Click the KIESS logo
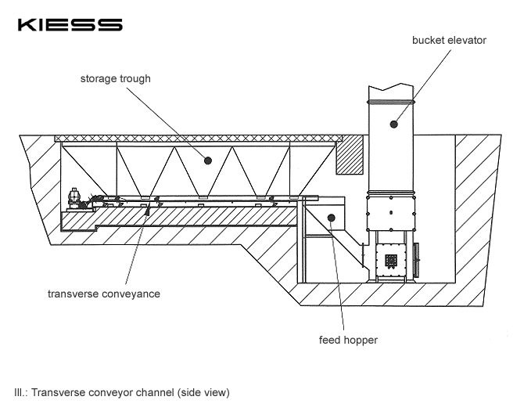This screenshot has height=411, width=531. (70, 24)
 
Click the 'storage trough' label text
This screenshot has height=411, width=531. (115, 78)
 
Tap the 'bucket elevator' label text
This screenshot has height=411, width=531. (449, 40)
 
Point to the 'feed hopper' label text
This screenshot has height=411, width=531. (348, 340)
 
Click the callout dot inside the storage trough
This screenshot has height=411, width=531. (208, 160)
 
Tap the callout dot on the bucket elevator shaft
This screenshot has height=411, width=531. (395, 123)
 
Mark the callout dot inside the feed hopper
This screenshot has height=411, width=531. (331, 217)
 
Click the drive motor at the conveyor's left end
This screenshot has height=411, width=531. (77, 198)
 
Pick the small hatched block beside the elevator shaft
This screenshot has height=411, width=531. (350, 155)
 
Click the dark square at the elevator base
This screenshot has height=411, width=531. (389, 258)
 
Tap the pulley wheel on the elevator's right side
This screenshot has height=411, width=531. (416, 259)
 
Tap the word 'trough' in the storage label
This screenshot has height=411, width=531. (135, 78)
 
